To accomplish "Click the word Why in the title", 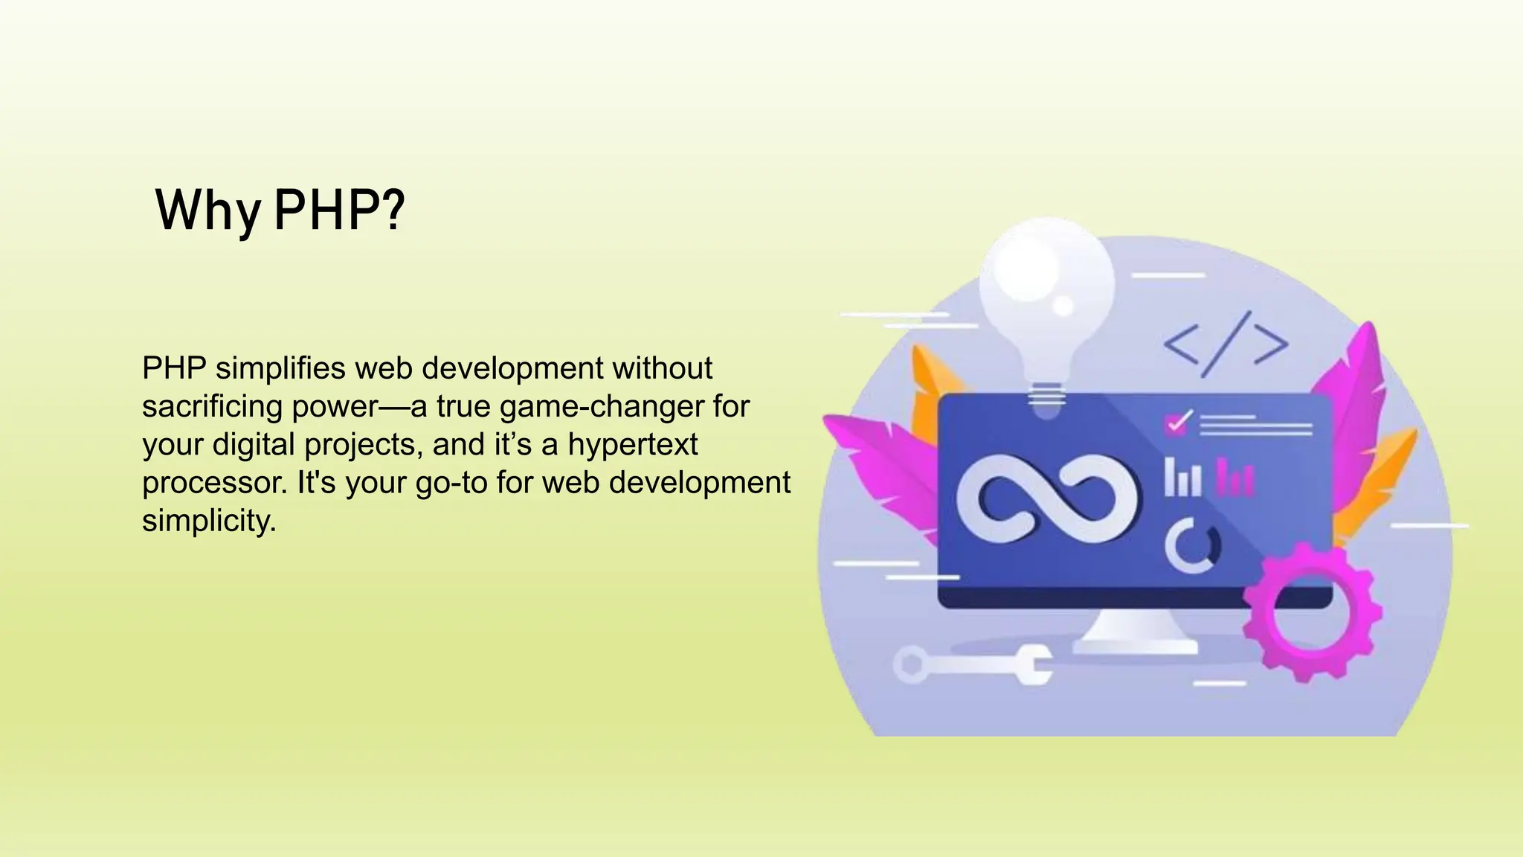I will [x=207, y=211].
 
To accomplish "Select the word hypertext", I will [x=633, y=444].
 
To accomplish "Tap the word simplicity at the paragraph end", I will [x=209, y=520].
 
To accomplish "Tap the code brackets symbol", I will [x=1226, y=344].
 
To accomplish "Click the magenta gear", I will [x=1312, y=612].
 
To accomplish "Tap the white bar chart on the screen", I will [x=1182, y=478].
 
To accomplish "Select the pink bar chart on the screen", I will [x=1234, y=478].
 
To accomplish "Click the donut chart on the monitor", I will [x=1192, y=546].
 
